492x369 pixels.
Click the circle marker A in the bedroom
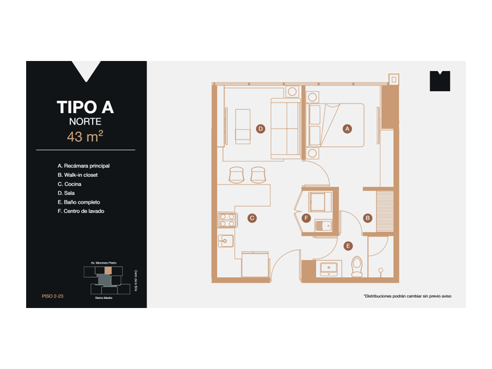point(347,129)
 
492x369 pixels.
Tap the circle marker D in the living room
point(261,129)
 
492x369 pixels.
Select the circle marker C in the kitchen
point(252,218)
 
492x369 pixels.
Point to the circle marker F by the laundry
point(306,218)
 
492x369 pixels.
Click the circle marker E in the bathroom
point(348,246)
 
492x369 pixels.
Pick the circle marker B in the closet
point(367,218)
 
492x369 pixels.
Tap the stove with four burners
point(227,220)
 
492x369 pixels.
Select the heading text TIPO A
point(85,107)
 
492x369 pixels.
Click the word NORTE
point(85,122)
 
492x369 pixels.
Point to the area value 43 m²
point(85,137)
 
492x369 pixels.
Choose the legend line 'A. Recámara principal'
point(84,166)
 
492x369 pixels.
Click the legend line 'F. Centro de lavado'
point(81,211)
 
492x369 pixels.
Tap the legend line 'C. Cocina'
point(70,184)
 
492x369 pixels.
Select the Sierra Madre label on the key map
point(104,298)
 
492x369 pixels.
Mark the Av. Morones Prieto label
point(104,262)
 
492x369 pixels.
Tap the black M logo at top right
point(440,81)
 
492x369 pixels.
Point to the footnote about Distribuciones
point(407,296)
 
